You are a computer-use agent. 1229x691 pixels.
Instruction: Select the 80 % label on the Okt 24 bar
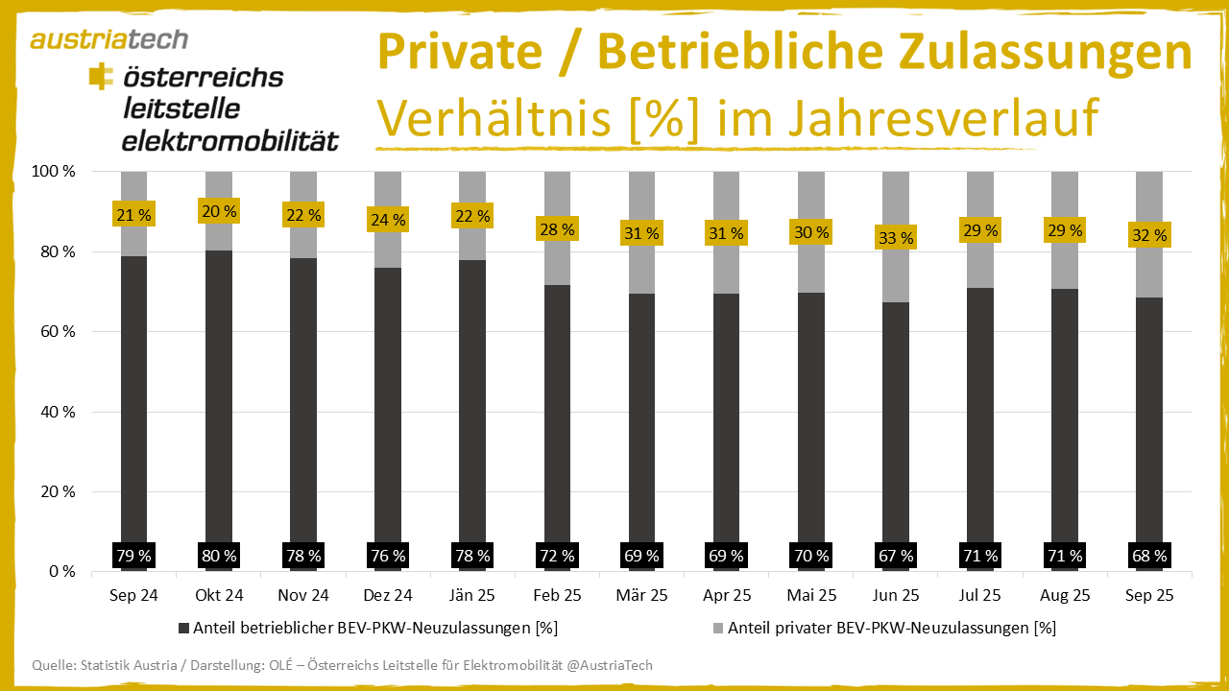[219, 555]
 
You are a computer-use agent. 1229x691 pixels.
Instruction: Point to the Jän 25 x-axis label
[472, 595]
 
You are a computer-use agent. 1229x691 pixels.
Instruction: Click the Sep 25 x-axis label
[1149, 595]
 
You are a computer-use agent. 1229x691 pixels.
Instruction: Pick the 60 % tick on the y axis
[56, 332]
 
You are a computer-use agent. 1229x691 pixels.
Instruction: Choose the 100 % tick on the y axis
[53, 172]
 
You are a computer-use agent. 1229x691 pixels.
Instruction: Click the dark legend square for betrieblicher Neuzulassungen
[184, 629]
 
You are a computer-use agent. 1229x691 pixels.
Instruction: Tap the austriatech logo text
[108, 39]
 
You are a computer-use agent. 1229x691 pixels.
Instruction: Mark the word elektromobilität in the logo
[229, 141]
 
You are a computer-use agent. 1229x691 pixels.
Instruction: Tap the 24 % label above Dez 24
[388, 220]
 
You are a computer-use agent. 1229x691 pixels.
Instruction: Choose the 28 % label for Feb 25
[557, 229]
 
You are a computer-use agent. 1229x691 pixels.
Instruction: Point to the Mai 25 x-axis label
[810, 595]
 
